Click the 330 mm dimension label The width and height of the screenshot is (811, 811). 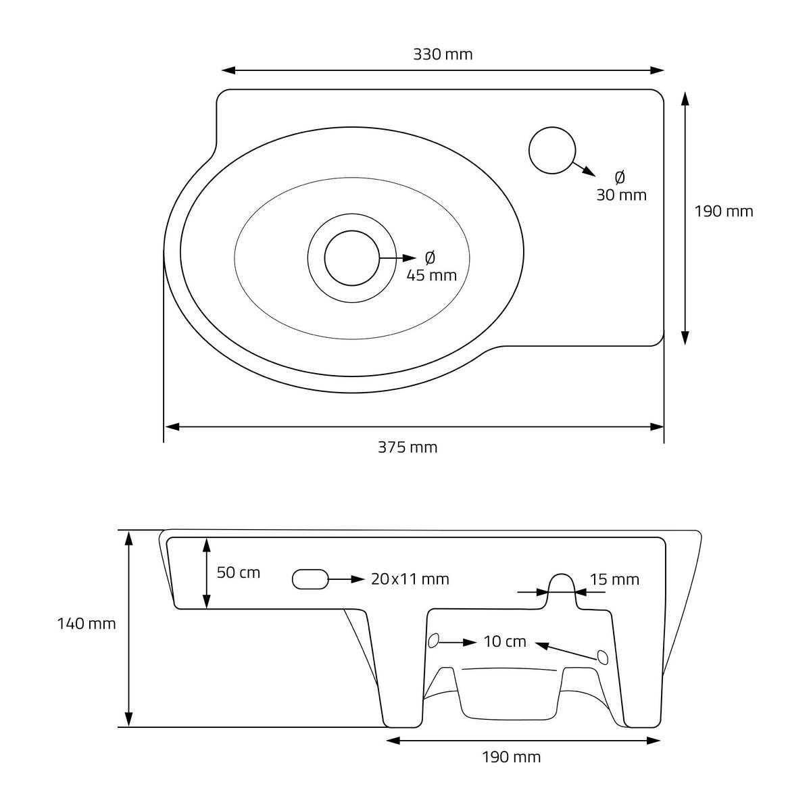[x=443, y=55]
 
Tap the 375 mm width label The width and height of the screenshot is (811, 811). [x=408, y=447]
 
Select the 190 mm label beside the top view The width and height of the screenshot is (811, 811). [x=724, y=212]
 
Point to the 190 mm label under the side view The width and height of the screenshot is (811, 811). [x=511, y=757]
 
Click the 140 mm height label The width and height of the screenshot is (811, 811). [x=87, y=624]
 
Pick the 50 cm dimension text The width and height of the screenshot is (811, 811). [x=238, y=572]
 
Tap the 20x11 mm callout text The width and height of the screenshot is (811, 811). [x=410, y=579]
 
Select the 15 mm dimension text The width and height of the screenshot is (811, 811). [x=614, y=580]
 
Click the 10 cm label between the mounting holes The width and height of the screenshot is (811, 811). [x=505, y=641]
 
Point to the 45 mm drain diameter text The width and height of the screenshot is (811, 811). [x=431, y=275]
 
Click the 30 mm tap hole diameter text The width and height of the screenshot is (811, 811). [x=621, y=195]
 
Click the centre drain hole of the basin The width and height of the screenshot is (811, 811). [x=351, y=257]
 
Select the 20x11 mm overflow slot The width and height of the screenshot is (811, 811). [x=310, y=579]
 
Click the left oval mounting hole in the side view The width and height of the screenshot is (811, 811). [x=434, y=639]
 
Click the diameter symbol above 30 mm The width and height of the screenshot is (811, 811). [x=620, y=177]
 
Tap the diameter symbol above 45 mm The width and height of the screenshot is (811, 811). [x=430, y=257]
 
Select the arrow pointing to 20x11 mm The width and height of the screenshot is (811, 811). [x=347, y=579]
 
